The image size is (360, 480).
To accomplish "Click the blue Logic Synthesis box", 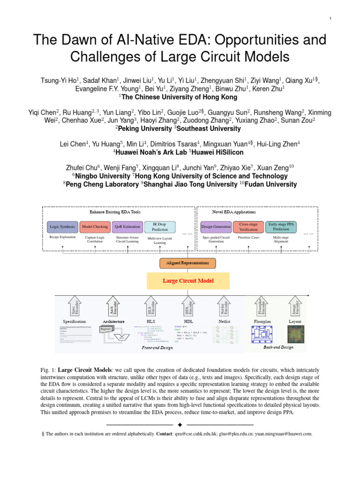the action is coord(62,227).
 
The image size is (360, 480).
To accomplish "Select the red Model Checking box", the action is coord(95,227).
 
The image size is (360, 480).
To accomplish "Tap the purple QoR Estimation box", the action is coord(127,227).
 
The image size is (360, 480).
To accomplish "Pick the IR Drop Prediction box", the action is coord(160,227).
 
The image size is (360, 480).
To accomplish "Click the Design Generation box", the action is coord(216,227).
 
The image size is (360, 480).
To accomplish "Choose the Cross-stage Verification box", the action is coord(248,227).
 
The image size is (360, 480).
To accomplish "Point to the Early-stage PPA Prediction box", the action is coord(281,227).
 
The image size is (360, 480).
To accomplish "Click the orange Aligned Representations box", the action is coord(187,263).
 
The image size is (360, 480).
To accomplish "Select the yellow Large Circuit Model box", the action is coord(187,281).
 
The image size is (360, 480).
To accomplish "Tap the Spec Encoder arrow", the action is coord(75,306).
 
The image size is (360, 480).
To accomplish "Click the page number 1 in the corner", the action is coord(330,18).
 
